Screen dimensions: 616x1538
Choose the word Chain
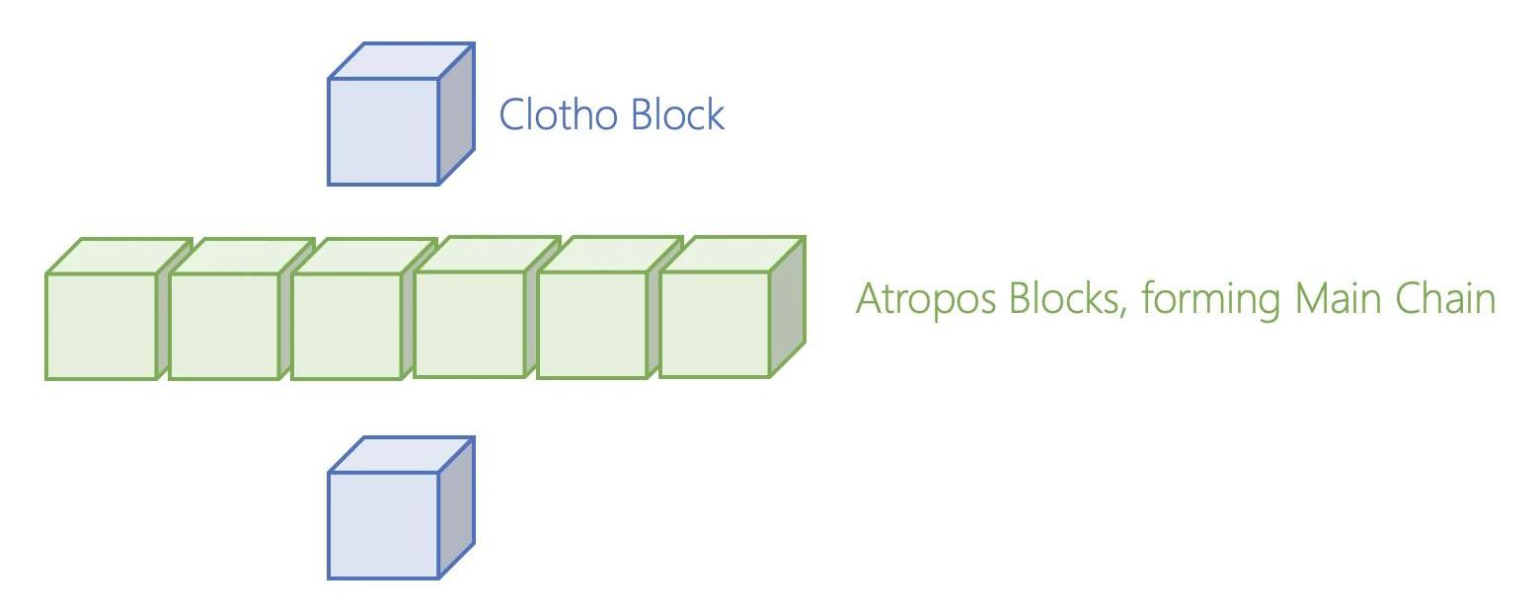tap(1447, 298)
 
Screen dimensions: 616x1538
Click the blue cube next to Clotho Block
tap(384, 131)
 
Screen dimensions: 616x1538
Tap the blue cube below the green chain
tap(384, 525)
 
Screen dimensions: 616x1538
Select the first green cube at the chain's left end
tap(102, 326)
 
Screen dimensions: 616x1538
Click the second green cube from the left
tap(224, 326)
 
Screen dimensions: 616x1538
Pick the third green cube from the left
tap(346, 326)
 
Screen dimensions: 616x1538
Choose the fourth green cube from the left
tap(469, 324)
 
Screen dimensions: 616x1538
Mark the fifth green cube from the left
tap(592, 324)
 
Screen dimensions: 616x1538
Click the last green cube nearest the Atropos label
tap(715, 324)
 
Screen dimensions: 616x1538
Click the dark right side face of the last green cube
tap(788, 306)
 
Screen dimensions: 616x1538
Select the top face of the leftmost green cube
tap(119, 256)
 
